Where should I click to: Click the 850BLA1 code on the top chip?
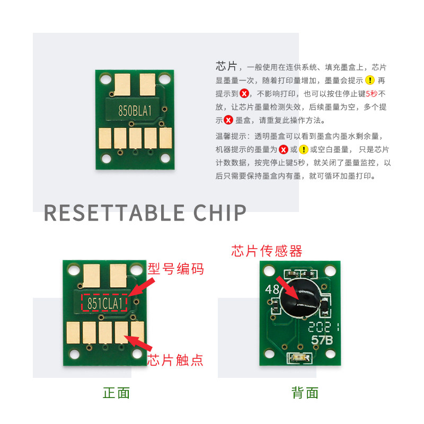point(135,110)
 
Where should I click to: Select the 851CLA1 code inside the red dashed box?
point(105,303)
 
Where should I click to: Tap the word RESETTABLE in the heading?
point(114,213)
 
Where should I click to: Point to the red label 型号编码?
point(176,269)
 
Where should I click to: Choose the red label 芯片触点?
point(176,360)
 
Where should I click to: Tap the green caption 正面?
point(116,393)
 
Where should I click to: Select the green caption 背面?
point(305,393)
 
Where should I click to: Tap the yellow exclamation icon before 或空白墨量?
point(303,149)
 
